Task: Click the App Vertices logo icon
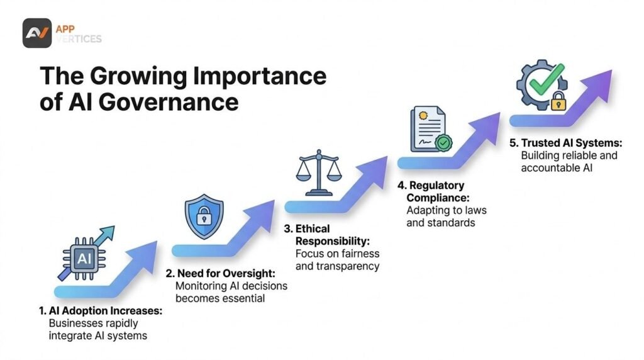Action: click(x=37, y=33)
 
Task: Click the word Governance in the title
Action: click(x=169, y=103)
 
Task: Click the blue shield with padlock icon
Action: click(x=204, y=216)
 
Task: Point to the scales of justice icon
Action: click(x=319, y=173)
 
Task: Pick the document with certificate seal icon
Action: click(x=431, y=130)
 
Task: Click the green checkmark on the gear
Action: click(x=547, y=80)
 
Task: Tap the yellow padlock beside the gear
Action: click(x=558, y=101)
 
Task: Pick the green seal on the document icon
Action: click(x=443, y=143)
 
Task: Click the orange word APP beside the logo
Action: click(x=65, y=29)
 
